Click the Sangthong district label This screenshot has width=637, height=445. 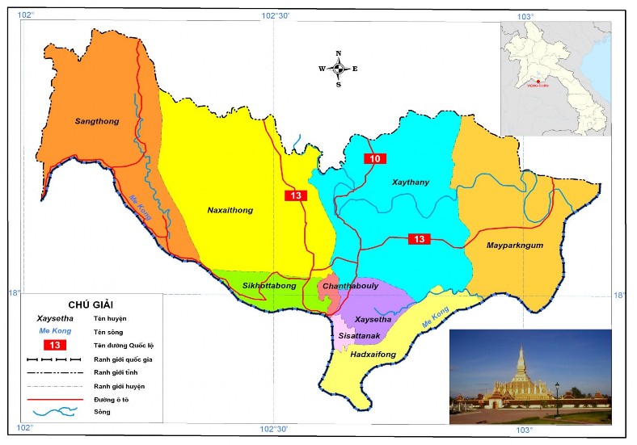click(97, 122)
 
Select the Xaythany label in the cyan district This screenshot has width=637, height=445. click(410, 183)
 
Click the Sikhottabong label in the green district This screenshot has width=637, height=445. click(270, 286)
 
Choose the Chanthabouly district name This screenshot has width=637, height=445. click(351, 286)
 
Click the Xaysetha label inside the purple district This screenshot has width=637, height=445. click(373, 320)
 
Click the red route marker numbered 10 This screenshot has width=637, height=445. click(374, 158)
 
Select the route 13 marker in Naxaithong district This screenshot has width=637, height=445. click(296, 195)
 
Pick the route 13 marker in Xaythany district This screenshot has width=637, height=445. click(419, 239)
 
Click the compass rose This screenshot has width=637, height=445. click(338, 69)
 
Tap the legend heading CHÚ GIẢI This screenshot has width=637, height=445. click(83, 304)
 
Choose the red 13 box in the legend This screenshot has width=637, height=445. click(56, 345)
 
